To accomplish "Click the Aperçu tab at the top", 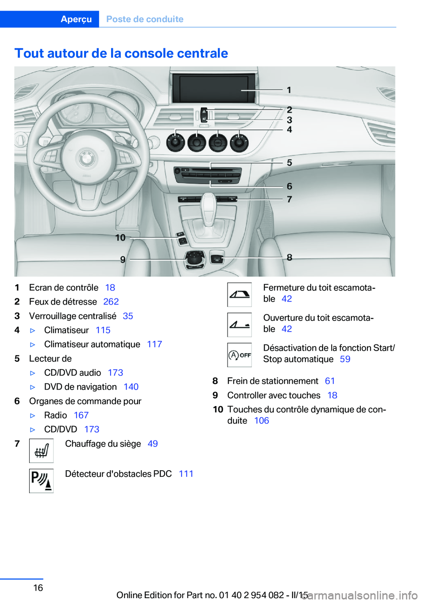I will pos(76,19).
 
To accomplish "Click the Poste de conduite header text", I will pos(145,19).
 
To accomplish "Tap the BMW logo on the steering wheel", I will pos(87,158).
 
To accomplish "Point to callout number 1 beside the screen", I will pos(289,90).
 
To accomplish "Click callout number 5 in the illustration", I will pos(290,163).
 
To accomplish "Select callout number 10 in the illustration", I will pos(120,238).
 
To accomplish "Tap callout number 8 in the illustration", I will pos(290,257).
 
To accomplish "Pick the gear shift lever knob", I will pos(208,203).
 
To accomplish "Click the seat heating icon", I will pos(41,451).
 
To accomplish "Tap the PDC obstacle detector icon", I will pos(41,481).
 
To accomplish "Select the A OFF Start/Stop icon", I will pos(240,355).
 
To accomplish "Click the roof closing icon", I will pos(240,295).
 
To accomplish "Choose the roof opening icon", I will pos(240,325).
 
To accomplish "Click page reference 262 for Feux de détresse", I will pos(111,301).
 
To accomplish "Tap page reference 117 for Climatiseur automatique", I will pos(155,344).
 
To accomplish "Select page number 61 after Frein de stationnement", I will pos(330,381).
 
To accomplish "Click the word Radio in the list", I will pos(56,415).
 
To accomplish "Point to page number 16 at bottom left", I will pos(39,588).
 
